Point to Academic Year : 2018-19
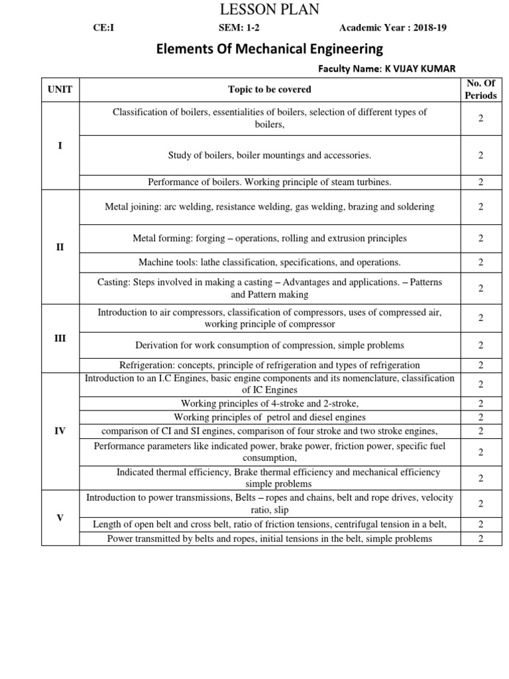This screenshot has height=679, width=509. [397, 28]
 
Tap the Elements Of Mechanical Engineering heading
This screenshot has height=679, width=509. [269, 48]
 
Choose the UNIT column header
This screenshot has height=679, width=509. [60, 89]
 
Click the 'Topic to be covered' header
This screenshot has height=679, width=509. [269, 89]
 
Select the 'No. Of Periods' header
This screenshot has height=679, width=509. [481, 89]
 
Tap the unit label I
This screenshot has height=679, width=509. [60, 145]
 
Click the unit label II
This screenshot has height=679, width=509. [60, 247]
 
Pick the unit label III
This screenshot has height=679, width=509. [60, 338]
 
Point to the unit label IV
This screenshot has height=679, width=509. [60, 430]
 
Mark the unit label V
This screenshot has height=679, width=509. [60, 517]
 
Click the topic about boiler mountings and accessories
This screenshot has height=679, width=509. [269, 155]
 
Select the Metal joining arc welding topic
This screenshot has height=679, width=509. [269, 207]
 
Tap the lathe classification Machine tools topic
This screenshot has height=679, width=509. [269, 263]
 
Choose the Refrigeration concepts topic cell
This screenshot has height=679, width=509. [269, 365]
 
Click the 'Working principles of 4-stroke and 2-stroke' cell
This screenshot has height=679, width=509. [269, 403]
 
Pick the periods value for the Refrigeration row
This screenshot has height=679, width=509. [481, 365]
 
